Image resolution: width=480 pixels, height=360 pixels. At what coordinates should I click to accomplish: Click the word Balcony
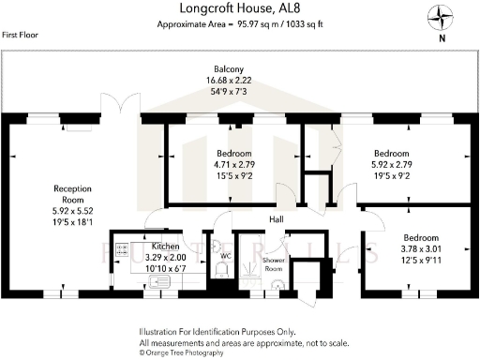[227, 69]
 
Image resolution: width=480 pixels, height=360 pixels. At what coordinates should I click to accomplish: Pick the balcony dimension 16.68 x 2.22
[227, 82]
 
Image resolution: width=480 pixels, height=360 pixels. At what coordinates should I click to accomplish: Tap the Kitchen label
[154, 244]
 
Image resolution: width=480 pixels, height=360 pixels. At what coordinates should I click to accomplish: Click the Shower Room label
[274, 263]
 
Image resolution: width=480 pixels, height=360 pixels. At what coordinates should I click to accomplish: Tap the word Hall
[277, 219]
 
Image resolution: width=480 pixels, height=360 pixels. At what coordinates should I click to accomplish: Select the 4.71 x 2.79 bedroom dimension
[233, 164]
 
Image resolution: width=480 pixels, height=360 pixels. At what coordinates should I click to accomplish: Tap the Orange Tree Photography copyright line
[181, 353]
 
